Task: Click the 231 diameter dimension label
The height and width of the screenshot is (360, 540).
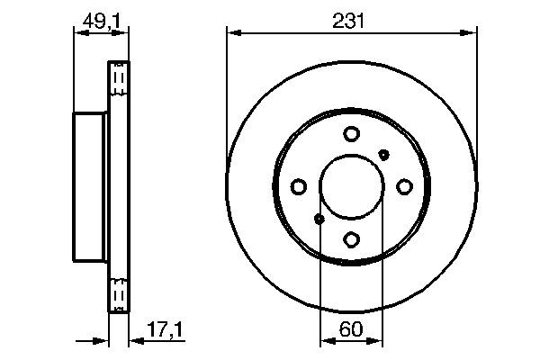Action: click(351, 19)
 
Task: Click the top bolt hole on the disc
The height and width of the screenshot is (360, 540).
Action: click(351, 134)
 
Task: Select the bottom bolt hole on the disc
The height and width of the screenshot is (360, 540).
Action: click(351, 239)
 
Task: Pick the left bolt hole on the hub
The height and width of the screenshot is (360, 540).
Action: click(298, 186)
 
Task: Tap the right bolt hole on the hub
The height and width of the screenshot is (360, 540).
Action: click(404, 186)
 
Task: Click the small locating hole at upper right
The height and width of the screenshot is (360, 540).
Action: click(384, 154)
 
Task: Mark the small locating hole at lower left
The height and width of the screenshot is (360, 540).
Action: click(318, 219)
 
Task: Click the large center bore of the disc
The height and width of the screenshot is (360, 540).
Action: click(351, 186)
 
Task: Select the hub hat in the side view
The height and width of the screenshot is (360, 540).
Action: click(90, 186)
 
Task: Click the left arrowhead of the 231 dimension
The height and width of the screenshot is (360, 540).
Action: click(232, 33)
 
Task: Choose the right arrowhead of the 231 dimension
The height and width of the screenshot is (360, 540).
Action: click(470, 33)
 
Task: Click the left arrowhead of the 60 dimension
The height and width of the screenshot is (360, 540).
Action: click(326, 340)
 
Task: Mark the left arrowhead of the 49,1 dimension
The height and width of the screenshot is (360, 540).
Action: click(76, 33)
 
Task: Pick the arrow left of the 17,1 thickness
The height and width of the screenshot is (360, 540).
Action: click(102, 340)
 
